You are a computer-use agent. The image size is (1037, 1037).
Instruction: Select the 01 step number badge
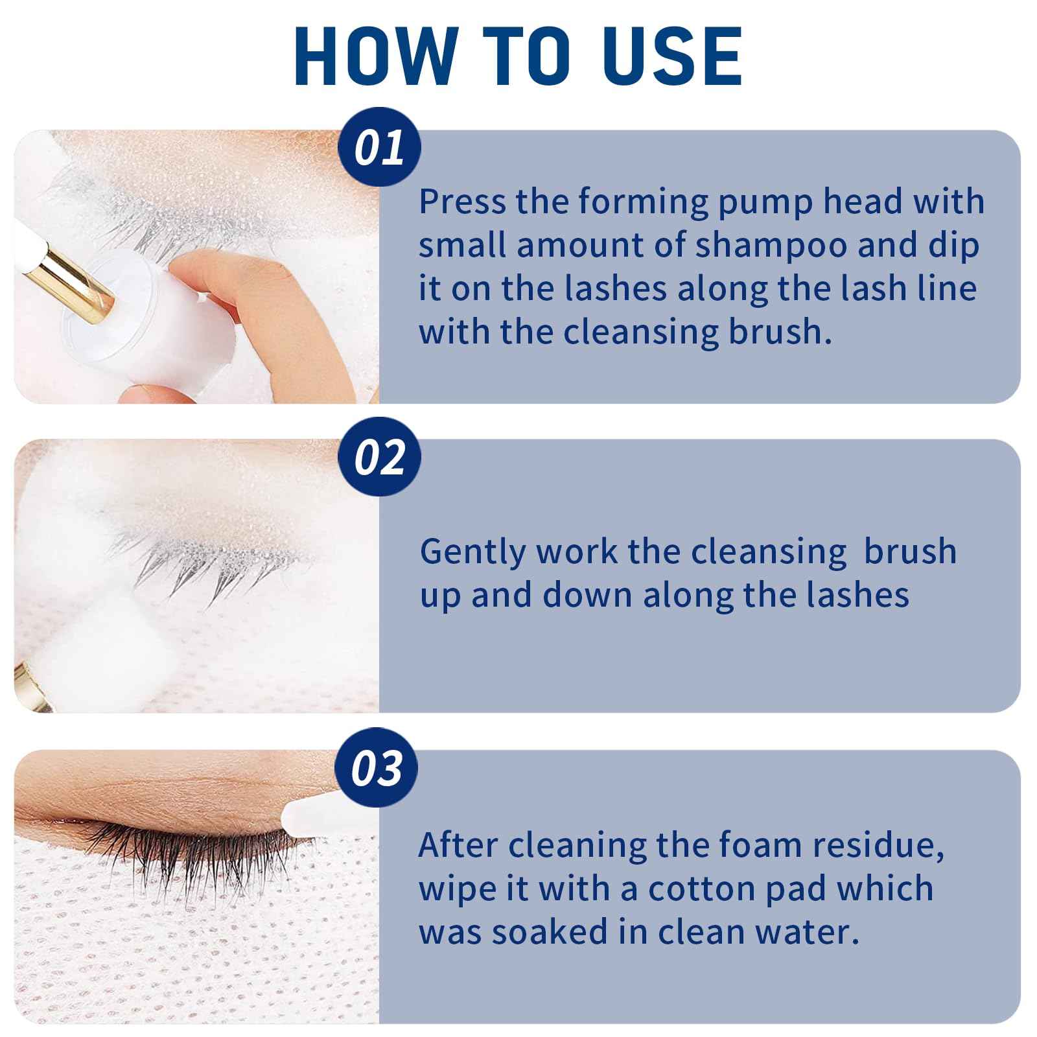tap(379, 148)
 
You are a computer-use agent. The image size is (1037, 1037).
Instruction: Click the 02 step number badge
tap(379, 458)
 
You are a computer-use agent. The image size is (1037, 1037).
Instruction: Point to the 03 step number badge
tap(377, 768)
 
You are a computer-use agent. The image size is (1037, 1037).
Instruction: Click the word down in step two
tap(587, 595)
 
